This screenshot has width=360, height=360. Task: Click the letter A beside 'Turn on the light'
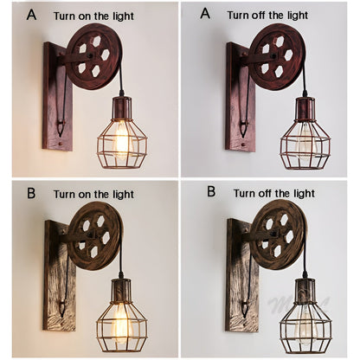point(32,15)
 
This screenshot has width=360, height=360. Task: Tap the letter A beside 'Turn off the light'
point(205,15)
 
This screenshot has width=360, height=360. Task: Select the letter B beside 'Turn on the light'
point(30,192)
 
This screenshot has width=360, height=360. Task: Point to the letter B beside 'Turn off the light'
point(210,191)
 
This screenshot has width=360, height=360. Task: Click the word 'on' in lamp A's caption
point(89,16)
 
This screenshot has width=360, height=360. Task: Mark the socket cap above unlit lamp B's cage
point(307,288)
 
